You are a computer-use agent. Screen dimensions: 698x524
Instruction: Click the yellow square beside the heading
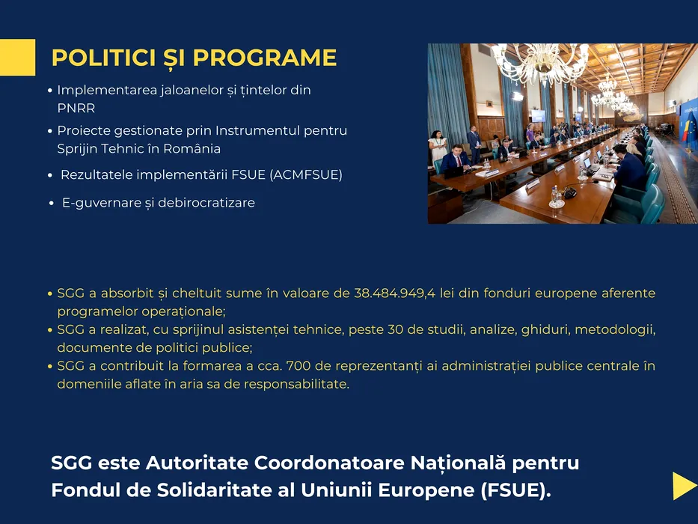[x=17, y=58]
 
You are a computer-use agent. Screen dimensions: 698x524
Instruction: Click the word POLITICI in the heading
[x=104, y=58]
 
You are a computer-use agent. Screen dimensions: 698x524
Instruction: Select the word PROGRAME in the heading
[x=264, y=58]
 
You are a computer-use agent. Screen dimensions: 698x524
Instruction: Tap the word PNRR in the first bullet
[x=76, y=109]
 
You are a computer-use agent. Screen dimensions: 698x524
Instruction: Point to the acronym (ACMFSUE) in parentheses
[x=306, y=174]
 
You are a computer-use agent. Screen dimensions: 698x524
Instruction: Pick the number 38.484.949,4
[x=394, y=293]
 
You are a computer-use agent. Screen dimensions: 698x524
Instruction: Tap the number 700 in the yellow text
[x=298, y=366]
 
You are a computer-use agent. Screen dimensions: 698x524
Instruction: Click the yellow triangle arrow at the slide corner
[x=685, y=486]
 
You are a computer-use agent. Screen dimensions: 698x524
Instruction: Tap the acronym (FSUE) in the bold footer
[x=515, y=490]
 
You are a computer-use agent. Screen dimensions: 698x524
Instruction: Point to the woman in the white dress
[x=437, y=147]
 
